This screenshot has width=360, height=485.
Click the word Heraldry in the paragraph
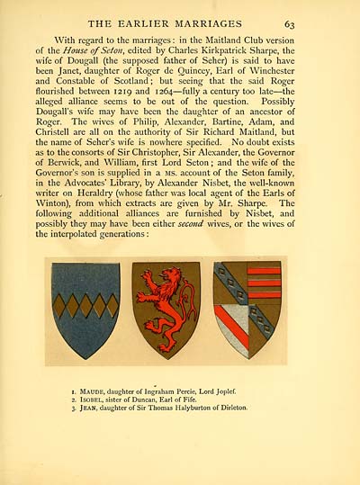[93, 187]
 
